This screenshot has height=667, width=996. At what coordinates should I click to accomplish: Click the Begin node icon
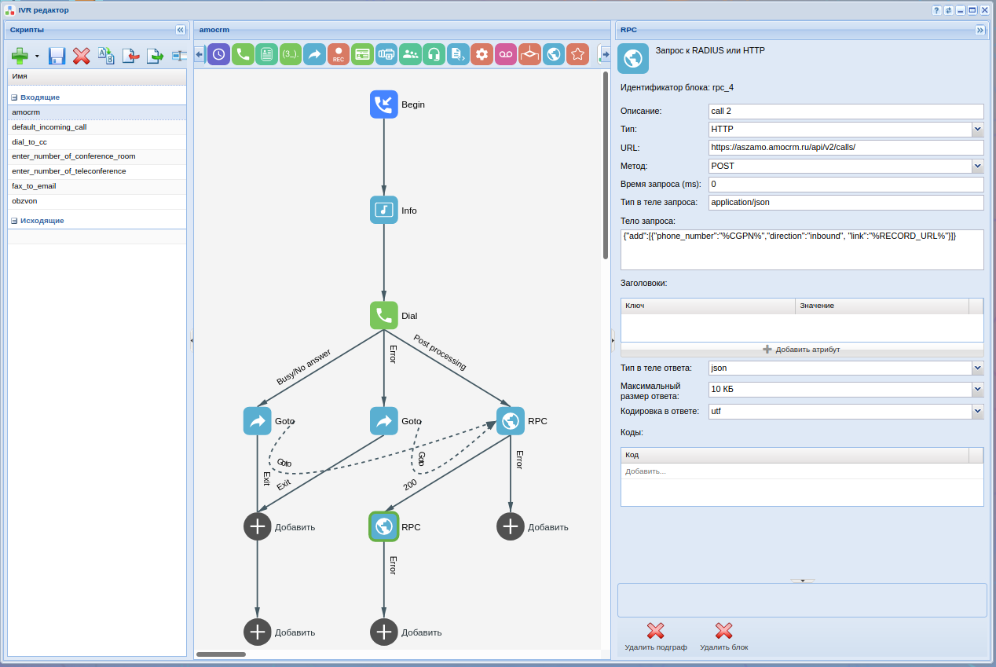click(x=384, y=104)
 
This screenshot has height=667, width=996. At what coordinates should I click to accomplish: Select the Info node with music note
click(x=384, y=211)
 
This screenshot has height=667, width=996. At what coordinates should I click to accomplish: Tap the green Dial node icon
click(x=384, y=316)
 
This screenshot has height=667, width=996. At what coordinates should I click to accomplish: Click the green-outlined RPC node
click(x=384, y=526)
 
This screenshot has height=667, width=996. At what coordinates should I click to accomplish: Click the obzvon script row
click(x=24, y=201)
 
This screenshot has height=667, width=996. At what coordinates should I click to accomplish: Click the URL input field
click(x=845, y=148)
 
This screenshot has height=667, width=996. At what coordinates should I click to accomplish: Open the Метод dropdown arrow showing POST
click(x=977, y=166)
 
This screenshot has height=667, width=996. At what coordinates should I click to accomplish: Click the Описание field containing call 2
click(x=845, y=111)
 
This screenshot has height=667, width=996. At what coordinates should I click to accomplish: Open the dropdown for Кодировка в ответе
click(x=977, y=411)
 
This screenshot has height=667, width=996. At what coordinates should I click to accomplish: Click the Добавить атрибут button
click(x=801, y=350)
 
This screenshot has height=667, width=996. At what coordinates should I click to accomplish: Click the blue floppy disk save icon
click(x=57, y=56)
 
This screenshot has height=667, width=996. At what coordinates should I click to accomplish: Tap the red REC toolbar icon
click(x=339, y=54)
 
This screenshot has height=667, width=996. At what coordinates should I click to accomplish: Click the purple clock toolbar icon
click(x=218, y=54)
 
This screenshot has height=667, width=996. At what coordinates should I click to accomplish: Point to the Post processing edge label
click(x=440, y=353)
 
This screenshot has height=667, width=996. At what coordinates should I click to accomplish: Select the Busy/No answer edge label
click(x=304, y=367)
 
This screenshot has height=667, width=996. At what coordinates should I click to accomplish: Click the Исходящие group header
click(x=42, y=221)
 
